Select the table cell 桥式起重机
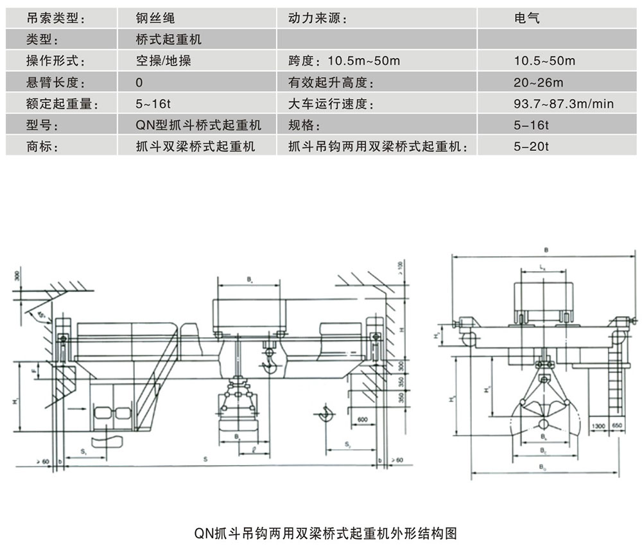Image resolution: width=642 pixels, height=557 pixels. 169,40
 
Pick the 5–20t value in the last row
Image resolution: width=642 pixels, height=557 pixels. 532,146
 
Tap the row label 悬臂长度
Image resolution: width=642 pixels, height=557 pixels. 56,83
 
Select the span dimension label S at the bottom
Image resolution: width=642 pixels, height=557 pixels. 205,459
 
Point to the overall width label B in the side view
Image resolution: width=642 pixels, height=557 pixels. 546,248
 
